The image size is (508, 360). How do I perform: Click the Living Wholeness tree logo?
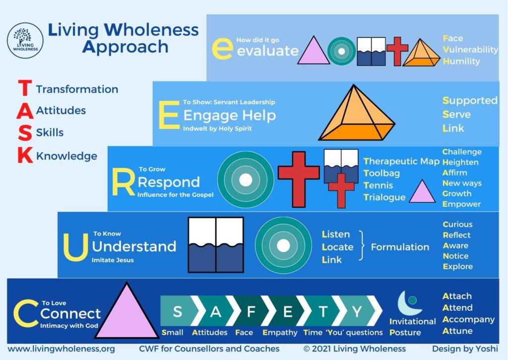[25, 41]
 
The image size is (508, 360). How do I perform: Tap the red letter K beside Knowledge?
[25, 155]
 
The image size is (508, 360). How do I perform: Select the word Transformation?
[77, 89]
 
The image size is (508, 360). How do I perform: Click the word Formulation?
[400, 247]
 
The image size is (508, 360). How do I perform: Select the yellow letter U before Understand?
[76, 247]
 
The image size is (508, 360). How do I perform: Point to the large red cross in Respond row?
[298, 179]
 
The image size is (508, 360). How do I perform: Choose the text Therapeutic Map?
[401, 161]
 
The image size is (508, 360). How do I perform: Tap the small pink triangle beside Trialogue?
[422, 192]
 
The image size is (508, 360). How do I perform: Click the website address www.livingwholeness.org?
[61, 349]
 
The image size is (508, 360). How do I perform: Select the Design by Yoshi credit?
[465, 349]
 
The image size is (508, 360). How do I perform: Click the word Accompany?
[468, 319]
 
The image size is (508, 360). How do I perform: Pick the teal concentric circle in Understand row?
[283, 245]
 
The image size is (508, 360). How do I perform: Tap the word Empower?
[462, 204]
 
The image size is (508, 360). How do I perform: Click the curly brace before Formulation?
[361, 245]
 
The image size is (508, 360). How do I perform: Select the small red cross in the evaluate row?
[397, 51]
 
